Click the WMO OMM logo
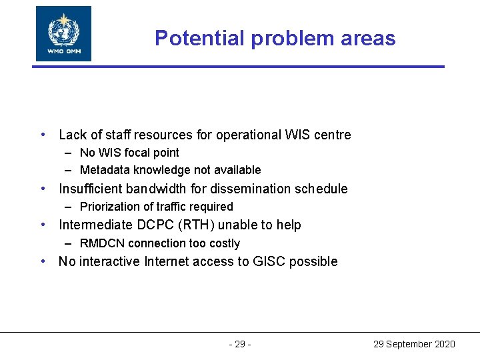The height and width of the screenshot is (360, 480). [x=63, y=33]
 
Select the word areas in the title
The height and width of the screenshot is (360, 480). [x=365, y=38]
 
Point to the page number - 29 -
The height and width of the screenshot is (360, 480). [x=239, y=344]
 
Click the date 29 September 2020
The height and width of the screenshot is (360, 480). [x=414, y=344]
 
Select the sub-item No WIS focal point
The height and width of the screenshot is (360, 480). [x=129, y=153]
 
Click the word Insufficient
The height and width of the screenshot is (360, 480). [x=88, y=189]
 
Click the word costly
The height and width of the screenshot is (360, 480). [x=223, y=243]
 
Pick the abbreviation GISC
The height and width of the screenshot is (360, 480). [x=271, y=261]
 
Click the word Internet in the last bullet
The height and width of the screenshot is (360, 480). [x=167, y=261]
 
